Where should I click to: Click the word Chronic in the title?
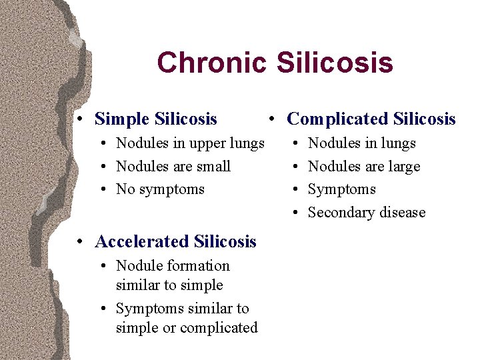coord(211,63)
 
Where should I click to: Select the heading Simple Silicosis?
coord(156,119)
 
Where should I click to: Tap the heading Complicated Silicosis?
coord(371,119)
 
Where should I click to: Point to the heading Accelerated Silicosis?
coord(175,241)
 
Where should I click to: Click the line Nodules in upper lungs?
coord(190,143)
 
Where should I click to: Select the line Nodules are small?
coord(173,167)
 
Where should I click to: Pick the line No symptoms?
coord(160,189)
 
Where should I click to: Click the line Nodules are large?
coord(364,167)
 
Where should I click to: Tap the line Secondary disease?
coord(366,213)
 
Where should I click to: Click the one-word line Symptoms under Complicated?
coord(341,189)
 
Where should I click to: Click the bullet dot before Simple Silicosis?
coord(80,120)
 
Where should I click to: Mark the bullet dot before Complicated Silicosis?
coord(272,120)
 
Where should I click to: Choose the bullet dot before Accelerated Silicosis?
coord(80,242)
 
